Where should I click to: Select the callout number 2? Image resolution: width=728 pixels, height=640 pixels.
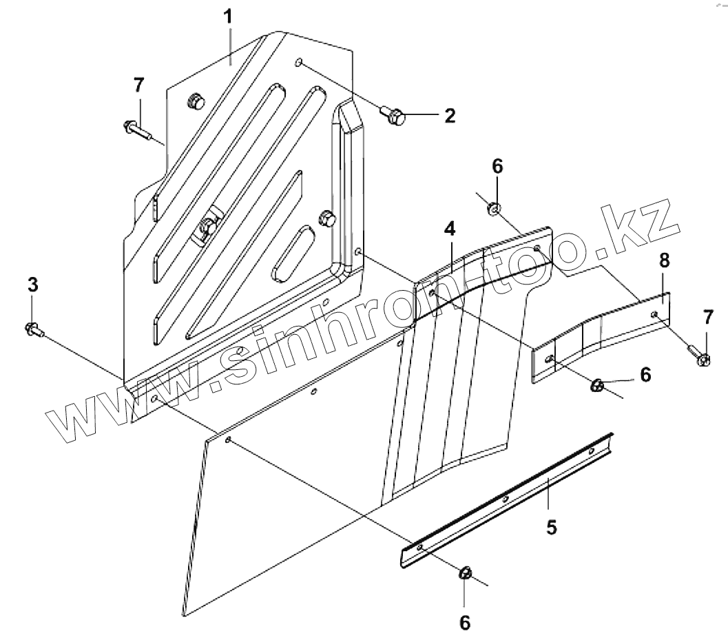[x=449, y=115]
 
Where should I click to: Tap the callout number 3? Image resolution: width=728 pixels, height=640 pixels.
[x=32, y=285]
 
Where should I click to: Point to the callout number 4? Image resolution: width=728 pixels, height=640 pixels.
[x=449, y=230]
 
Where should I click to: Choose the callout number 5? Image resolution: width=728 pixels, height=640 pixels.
[x=551, y=527]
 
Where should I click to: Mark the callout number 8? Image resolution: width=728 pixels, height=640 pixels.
[x=663, y=261]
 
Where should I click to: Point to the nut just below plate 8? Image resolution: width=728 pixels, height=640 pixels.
[x=597, y=386]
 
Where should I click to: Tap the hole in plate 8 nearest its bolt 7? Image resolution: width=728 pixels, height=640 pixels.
[x=654, y=315]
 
